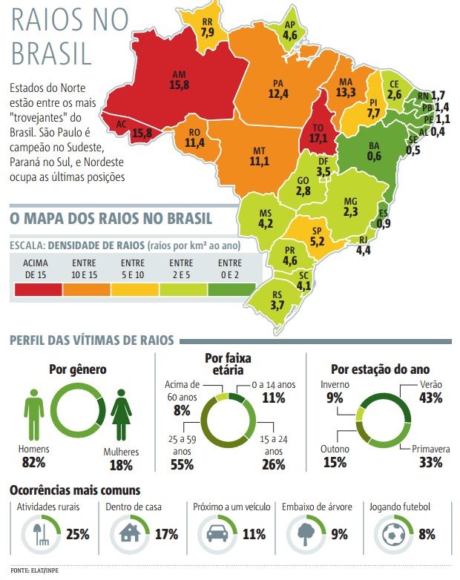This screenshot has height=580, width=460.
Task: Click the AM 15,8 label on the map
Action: (x=179, y=81)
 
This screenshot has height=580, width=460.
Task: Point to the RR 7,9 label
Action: (x=208, y=27)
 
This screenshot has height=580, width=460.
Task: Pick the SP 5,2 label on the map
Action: (x=317, y=236)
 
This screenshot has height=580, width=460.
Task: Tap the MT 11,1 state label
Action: (x=259, y=156)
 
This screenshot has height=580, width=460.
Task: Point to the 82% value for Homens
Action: (x=33, y=462)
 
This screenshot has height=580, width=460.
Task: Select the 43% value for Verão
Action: (x=430, y=398)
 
